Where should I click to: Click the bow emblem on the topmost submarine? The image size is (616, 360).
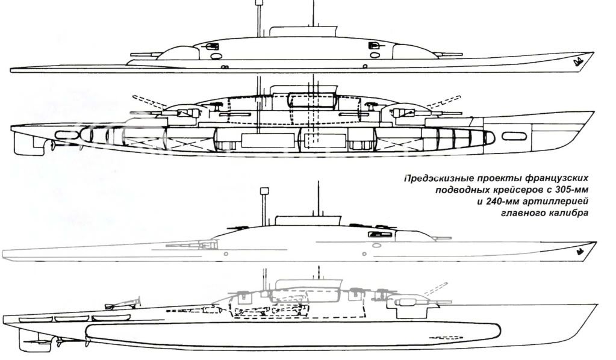(x=578, y=60)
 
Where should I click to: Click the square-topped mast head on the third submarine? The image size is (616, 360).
(x=263, y=191)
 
